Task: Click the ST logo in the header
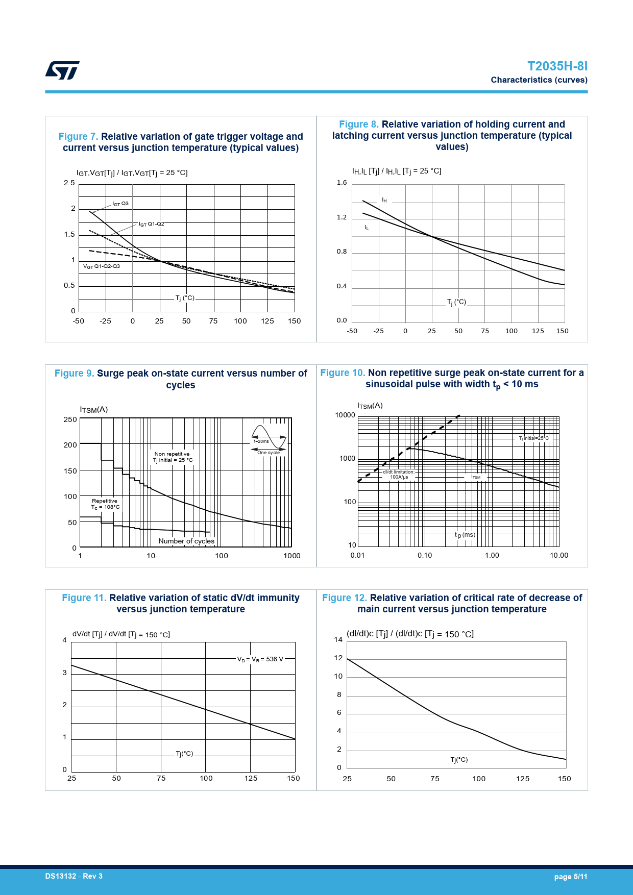[x=62, y=70]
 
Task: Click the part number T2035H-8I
[x=557, y=66]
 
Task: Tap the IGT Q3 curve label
[x=120, y=204]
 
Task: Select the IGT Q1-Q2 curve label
[x=151, y=224]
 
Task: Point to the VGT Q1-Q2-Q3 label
[x=102, y=266]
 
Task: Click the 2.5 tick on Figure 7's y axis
[x=69, y=183]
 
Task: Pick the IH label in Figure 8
[x=384, y=201]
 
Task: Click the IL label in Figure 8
[x=367, y=228]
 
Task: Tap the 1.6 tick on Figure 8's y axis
[x=342, y=183]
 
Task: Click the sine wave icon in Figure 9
[x=269, y=437]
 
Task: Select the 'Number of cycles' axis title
[x=186, y=541]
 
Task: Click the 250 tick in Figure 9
[x=70, y=419]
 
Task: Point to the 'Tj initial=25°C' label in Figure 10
[x=533, y=438]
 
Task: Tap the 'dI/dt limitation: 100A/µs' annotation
[x=399, y=475]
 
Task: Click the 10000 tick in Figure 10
[x=345, y=415]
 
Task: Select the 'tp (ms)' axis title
[x=465, y=535]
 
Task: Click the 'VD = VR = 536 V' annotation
[x=260, y=659]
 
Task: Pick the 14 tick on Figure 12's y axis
[x=338, y=639]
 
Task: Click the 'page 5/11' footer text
[x=570, y=877]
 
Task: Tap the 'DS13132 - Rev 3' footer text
[x=74, y=876]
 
